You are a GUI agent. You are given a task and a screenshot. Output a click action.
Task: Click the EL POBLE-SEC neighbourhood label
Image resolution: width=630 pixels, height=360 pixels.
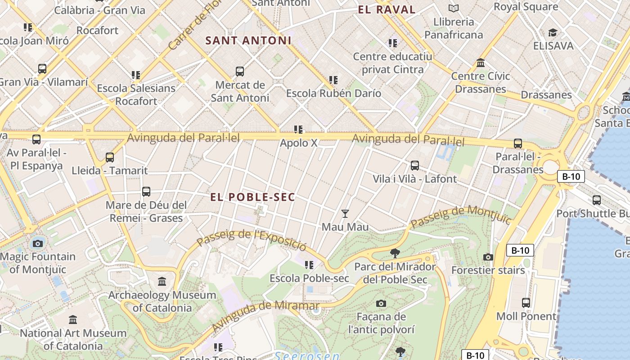253,197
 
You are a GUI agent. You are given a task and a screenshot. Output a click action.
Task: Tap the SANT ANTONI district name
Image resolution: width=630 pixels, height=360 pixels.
248,40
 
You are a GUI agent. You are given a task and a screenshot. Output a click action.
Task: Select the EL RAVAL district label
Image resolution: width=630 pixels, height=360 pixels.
387,9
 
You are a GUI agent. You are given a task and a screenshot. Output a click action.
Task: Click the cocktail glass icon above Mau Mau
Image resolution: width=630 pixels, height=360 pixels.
345,213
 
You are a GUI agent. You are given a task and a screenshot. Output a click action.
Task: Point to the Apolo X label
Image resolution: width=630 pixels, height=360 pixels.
299,143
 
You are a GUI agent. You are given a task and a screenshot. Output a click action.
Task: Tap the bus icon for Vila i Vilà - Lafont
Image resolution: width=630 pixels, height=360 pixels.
415,166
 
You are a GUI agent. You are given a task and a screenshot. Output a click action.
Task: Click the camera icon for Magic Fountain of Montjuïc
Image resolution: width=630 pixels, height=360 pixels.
38,243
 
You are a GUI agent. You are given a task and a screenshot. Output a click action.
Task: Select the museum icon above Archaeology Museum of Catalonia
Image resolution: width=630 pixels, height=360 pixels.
162,282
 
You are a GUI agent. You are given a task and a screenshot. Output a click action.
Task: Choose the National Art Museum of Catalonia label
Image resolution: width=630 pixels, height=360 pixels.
73,339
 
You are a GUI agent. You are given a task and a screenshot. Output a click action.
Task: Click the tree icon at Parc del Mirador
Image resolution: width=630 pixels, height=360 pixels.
395,253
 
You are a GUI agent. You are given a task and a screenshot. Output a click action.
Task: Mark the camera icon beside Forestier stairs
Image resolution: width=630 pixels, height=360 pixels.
488,257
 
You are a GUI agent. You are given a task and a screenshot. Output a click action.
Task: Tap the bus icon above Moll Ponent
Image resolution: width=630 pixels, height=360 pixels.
526,303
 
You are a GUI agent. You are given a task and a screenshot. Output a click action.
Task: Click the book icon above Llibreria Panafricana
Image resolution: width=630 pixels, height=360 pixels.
454,8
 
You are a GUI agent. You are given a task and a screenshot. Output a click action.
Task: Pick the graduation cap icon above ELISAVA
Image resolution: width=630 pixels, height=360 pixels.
553,32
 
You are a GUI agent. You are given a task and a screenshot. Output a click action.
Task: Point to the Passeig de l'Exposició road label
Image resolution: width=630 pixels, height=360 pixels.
252,240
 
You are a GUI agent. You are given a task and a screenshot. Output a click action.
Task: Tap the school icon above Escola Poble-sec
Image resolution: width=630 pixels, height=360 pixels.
309,265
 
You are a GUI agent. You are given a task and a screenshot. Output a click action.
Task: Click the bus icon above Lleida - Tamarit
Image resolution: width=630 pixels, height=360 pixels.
110,157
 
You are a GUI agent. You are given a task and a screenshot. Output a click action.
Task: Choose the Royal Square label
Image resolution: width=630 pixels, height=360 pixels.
526,7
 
